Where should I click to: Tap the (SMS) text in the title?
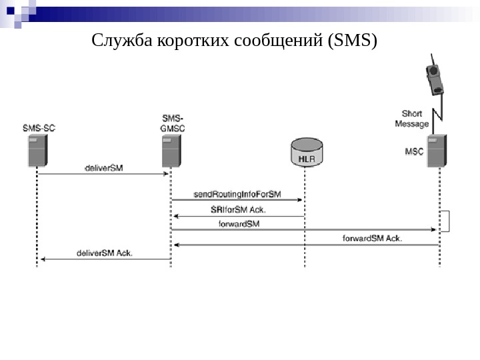pos(351,42)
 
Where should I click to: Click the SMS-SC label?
pos(38,126)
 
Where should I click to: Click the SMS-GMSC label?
pos(173,123)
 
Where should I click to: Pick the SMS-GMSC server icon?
pos(171,150)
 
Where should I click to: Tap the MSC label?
pos(414,151)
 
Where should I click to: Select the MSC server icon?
pos(437,151)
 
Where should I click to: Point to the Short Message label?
pos(411,119)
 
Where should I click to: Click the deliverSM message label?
pos(103,168)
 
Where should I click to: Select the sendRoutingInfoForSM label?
pos(237,194)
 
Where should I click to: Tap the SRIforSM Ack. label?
pos(237,209)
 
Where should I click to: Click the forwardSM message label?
pos(239,223)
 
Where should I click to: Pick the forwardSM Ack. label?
pos(372,238)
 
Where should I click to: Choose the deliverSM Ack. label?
pos(105,253)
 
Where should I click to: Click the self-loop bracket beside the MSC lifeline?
pos(449,221)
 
